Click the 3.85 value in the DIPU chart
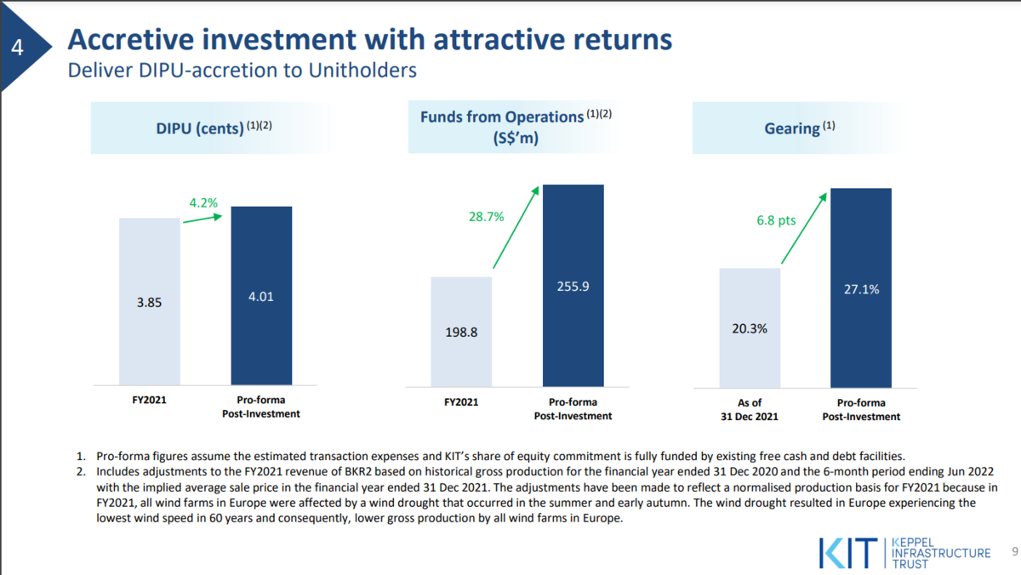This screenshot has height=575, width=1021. [149, 303]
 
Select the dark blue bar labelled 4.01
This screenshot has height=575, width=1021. [262, 296]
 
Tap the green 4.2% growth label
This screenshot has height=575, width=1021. [203, 202]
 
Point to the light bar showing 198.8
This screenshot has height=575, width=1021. [461, 332]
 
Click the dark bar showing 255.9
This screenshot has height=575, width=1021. [573, 286]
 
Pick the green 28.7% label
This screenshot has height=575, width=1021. [487, 216]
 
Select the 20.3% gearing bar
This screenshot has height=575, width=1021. [750, 328]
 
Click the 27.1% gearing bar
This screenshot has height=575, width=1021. [861, 288]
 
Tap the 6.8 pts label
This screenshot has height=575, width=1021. [776, 220]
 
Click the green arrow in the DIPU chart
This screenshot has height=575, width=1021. [202, 219]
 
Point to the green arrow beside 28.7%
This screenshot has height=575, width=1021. [516, 227]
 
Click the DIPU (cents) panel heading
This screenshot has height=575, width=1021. [214, 128]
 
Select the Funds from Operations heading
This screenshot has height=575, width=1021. [516, 127]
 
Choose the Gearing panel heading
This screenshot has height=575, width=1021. [800, 128]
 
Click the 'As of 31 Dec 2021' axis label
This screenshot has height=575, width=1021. [750, 410]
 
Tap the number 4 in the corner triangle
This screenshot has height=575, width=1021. [17, 48]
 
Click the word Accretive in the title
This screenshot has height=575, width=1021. [131, 40]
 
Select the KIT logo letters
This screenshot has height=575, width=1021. [847, 553]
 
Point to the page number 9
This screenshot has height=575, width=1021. [1015, 552]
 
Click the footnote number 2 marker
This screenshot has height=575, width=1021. [81, 471]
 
